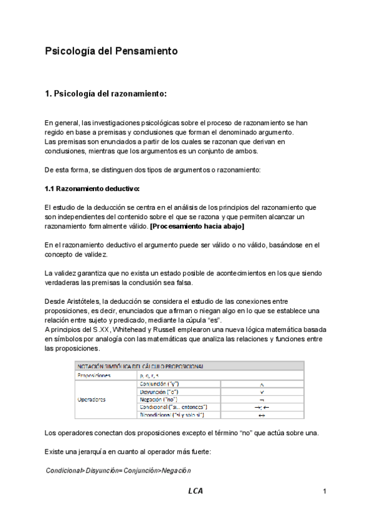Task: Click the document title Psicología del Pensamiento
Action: pos(111,51)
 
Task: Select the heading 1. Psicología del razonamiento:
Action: pos(106,94)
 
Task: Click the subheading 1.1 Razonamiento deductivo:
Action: pos(92,188)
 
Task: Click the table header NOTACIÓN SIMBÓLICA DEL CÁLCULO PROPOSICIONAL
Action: pos(141,366)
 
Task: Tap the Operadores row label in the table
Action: pos(91,399)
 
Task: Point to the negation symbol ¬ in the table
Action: pos(262,399)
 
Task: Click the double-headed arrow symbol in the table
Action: pos(262,415)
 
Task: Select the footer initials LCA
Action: pos(196,491)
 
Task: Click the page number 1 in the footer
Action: pos(325,492)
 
